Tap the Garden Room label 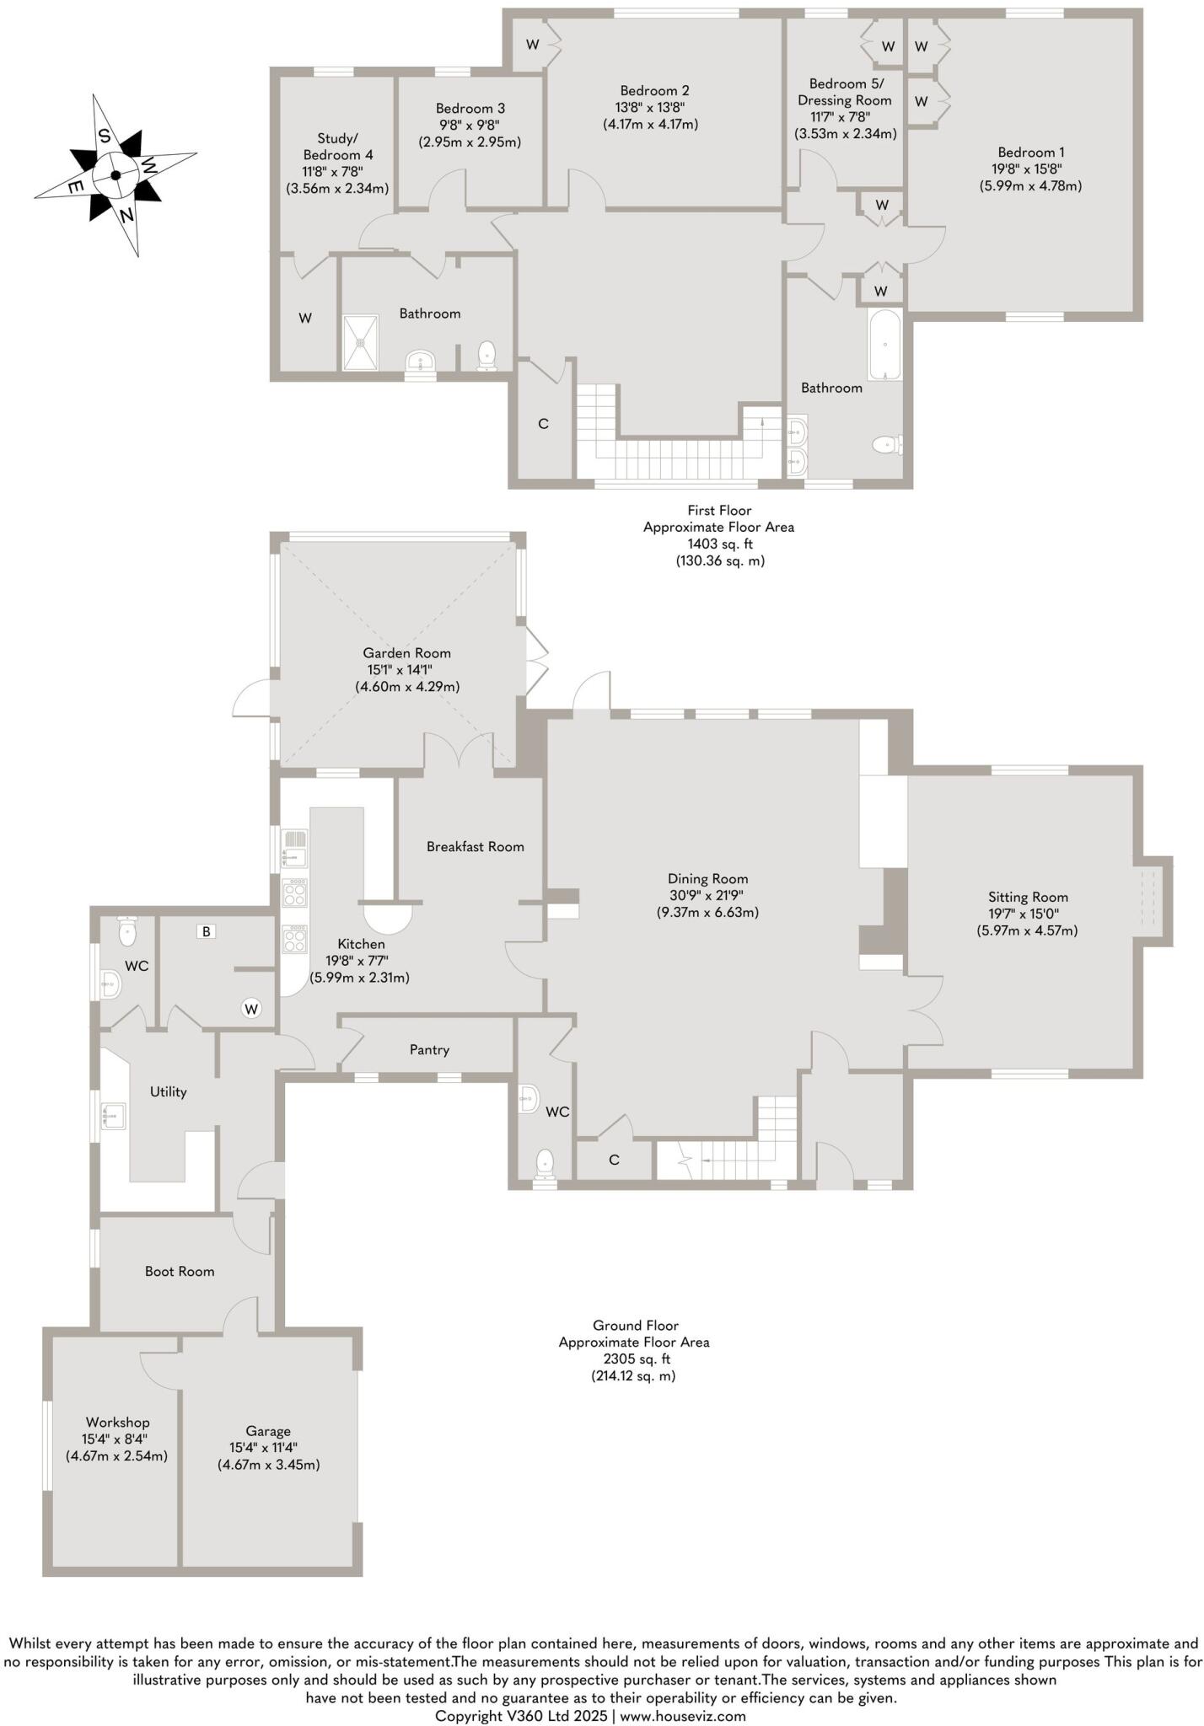(406, 653)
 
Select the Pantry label (429, 1050)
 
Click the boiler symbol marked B (204, 931)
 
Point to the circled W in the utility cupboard (250, 1007)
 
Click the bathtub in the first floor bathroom (884, 345)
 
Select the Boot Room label (180, 1272)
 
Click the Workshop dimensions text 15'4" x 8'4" (117, 1439)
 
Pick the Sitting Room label (1028, 898)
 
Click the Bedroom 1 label (1030, 153)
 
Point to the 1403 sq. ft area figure (718, 544)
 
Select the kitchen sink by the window (295, 849)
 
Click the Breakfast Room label (475, 847)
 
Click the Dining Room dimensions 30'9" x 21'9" (707, 896)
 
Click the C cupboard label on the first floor (543, 424)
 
